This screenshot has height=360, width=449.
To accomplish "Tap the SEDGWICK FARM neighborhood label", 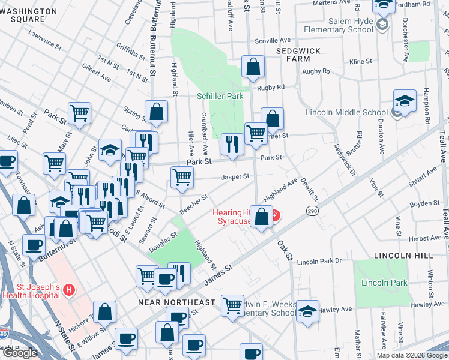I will click(298, 55).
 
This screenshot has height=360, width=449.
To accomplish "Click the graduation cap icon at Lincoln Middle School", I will click(405, 101).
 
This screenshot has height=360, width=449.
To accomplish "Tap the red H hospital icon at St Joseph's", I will click(69, 290).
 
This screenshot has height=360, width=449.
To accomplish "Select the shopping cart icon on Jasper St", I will click(182, 177).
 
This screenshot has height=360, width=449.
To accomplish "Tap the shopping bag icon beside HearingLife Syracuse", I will click(262, 217).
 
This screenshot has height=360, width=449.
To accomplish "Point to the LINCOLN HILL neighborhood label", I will click(403, 256).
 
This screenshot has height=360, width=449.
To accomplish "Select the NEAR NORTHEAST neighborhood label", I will click(176, 302).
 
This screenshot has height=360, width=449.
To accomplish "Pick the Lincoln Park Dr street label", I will click(319, 262).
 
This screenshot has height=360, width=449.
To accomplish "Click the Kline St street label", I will click(361, 62).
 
